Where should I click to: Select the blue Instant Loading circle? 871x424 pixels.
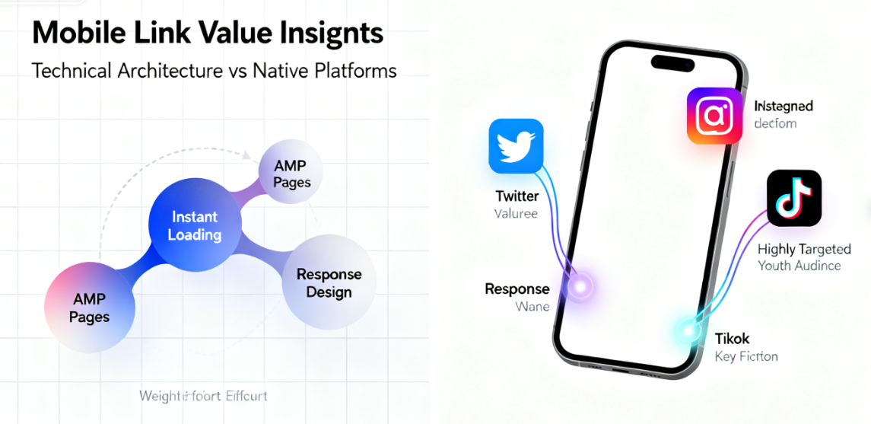(194, 226)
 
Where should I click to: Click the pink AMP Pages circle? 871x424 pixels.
(89, 308)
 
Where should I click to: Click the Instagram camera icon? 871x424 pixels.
(714, 116)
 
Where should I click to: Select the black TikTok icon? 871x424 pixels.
(793, 198)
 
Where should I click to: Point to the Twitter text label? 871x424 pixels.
(517, 196)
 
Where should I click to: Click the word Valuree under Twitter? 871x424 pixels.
(516, 214)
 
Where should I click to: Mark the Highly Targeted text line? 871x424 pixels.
(804, 249)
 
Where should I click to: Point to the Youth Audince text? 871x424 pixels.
(799, 266)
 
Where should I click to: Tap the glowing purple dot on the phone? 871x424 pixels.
(580, 287)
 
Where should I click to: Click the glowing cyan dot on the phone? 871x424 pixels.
(689, 330)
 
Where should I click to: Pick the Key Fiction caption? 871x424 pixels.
(745, 356)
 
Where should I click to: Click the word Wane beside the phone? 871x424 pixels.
(532, 307)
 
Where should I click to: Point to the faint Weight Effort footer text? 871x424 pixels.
(203, 396)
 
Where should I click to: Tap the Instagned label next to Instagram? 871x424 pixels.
(783, 106)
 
